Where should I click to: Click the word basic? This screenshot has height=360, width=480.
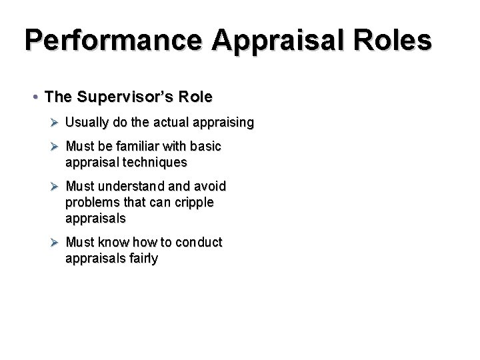205,146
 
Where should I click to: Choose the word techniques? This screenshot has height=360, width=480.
153,162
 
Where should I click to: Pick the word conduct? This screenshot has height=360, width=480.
198,242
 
